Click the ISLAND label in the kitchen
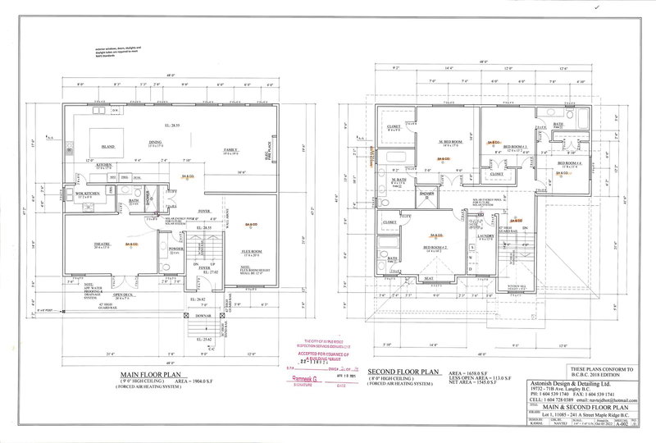tap(107, 147)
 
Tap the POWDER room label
tap(175, 249)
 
